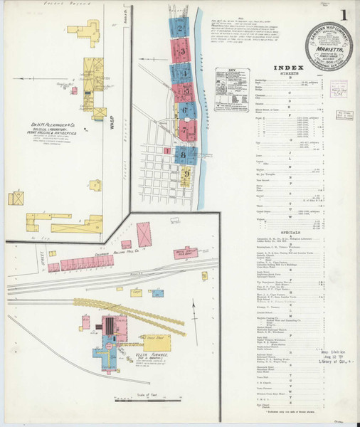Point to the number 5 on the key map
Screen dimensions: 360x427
(x=186, y=91)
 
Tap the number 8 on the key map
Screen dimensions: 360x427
(x=186, y=152)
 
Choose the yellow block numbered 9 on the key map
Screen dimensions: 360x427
(x=186, y=173)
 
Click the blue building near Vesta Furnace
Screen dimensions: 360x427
(x=100, y=352)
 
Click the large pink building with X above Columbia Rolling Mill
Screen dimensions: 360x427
(x=144, y=234)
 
